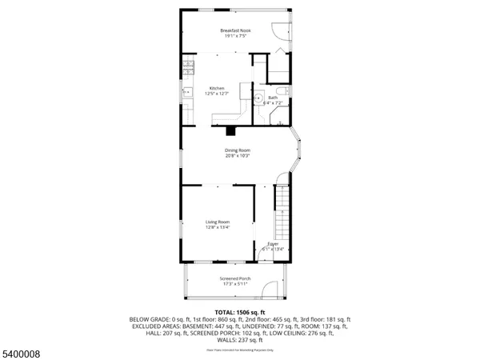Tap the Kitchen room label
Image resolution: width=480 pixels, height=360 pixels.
pos(217,88)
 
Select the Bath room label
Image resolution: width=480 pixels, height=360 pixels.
pos(273,98)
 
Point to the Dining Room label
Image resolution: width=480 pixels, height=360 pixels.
pos(238,150)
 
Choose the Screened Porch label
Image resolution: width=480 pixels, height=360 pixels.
pos(235,278)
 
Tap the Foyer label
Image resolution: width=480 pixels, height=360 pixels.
pos(273,243)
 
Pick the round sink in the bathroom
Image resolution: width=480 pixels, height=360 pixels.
pos(259,101)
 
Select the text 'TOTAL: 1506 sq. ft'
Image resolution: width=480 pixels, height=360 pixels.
pos(239,311)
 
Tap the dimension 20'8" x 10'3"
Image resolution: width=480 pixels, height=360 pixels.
pos(238,156)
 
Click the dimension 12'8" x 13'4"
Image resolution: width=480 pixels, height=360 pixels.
pos(218,227)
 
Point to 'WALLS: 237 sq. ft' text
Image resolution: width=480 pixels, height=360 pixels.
pos(239,342)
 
